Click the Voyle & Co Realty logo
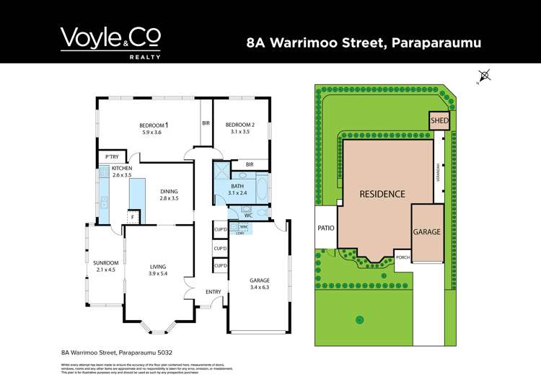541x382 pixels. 110,42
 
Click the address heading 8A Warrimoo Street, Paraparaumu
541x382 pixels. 364,43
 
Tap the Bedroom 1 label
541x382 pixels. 154,129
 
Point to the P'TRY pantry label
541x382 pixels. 112,157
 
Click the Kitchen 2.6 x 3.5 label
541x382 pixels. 122,172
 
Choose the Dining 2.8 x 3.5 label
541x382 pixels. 169,194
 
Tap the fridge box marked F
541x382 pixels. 133,217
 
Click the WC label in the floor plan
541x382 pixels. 248,213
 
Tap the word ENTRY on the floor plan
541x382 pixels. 213,291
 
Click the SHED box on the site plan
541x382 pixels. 439,122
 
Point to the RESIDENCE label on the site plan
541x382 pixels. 382,194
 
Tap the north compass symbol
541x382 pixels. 484,75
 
